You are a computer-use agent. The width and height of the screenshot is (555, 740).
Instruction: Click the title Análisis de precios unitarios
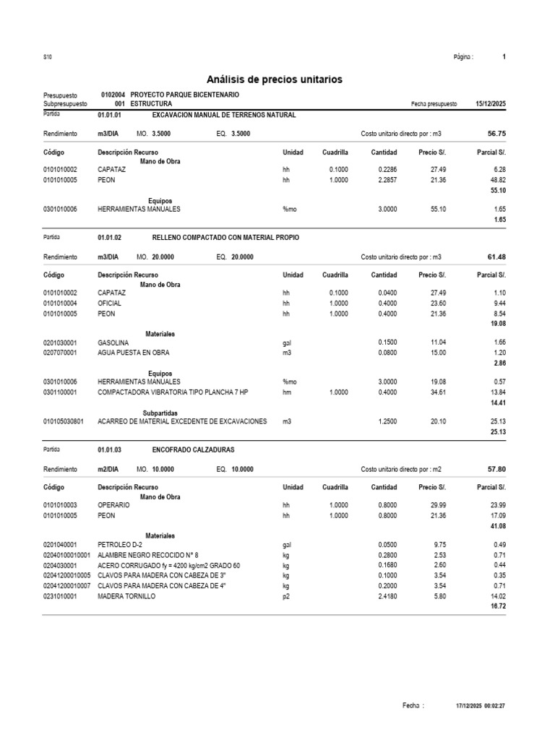275,79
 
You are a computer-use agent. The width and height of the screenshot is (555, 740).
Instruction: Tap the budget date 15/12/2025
491,104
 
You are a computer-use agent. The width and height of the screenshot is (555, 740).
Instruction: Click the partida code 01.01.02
109,238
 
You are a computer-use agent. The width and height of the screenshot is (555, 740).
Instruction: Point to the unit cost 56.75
496,134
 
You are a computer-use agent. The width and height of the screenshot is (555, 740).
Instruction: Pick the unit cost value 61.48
496,257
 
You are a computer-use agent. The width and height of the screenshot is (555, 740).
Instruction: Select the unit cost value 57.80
496,469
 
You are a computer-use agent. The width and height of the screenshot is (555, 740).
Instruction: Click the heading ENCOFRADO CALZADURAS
194,450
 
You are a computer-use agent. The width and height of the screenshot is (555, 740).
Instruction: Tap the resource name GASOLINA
113,343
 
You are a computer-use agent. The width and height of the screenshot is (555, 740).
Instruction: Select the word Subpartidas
161,413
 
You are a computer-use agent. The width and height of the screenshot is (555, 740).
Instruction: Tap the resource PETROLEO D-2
119,545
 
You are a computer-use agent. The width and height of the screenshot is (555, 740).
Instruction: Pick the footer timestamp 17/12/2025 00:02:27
481,705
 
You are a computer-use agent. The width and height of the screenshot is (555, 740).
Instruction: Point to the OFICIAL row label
109,304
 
